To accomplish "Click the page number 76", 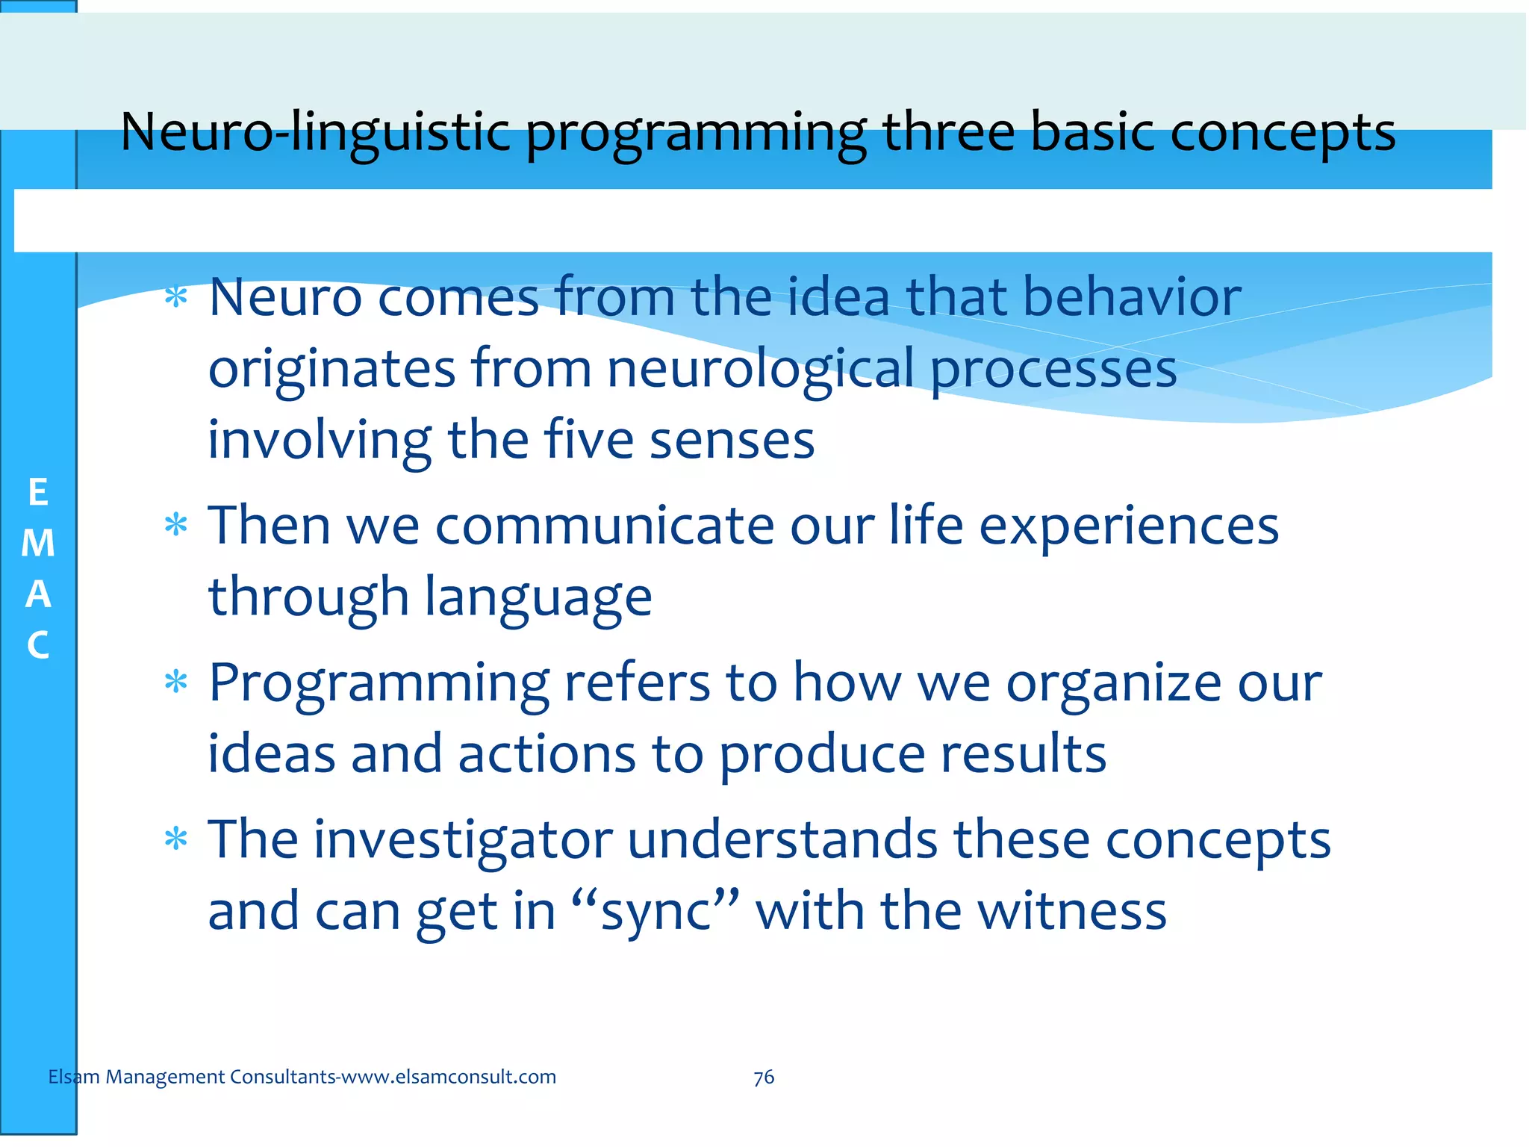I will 764,1077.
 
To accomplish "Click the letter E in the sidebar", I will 38,493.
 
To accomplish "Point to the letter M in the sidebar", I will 38,544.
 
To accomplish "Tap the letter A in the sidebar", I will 38,594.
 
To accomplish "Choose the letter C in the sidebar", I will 38,645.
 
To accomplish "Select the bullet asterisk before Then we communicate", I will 176,526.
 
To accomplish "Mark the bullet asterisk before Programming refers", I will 176,683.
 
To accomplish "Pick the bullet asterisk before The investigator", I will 176,841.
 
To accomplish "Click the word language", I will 538,597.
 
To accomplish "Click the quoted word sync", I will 655,912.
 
